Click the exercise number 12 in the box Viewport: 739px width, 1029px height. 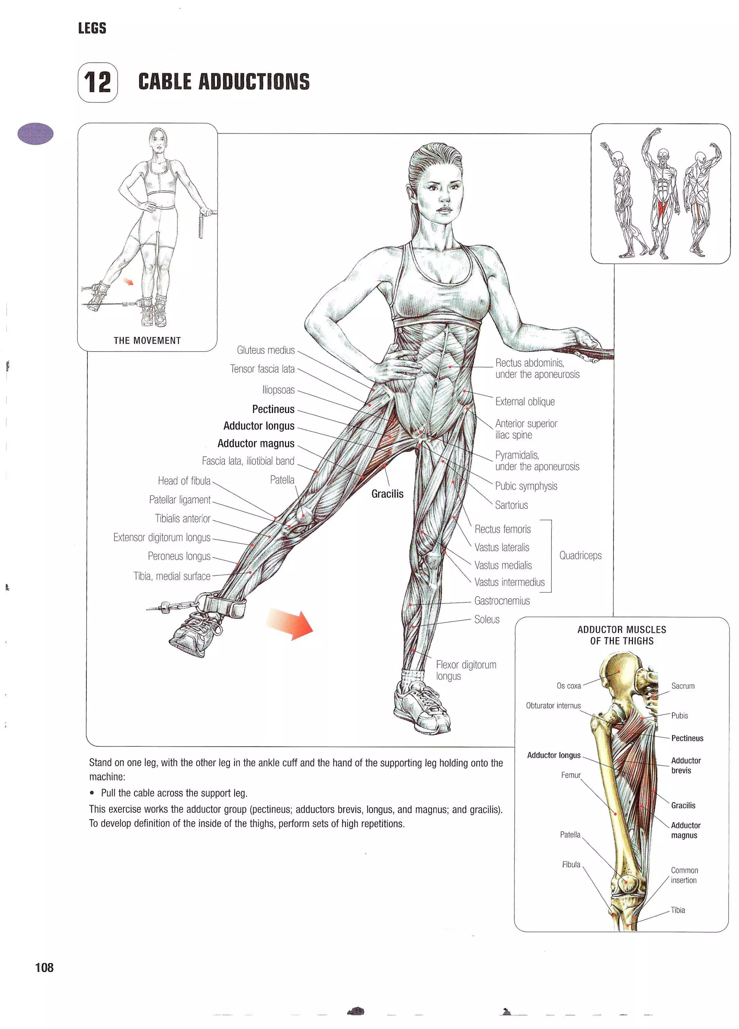pos(97,82)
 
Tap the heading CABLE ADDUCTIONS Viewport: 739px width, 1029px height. pos(224,82)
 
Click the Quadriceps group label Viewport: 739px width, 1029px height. pos(580,555)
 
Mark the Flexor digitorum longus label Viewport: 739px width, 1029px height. pos(465,670)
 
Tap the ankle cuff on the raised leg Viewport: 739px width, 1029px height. pos(224,605)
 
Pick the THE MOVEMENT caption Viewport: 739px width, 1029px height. pos(147,340)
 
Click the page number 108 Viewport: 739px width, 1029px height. pos(44,968)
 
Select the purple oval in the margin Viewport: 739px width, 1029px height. pos(35,134)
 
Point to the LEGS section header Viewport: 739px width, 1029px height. pos(92,28)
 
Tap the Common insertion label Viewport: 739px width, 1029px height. pos(684,875)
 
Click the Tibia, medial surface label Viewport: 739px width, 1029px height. pos(171,576)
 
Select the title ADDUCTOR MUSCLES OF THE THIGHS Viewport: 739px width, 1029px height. pos(621,635)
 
